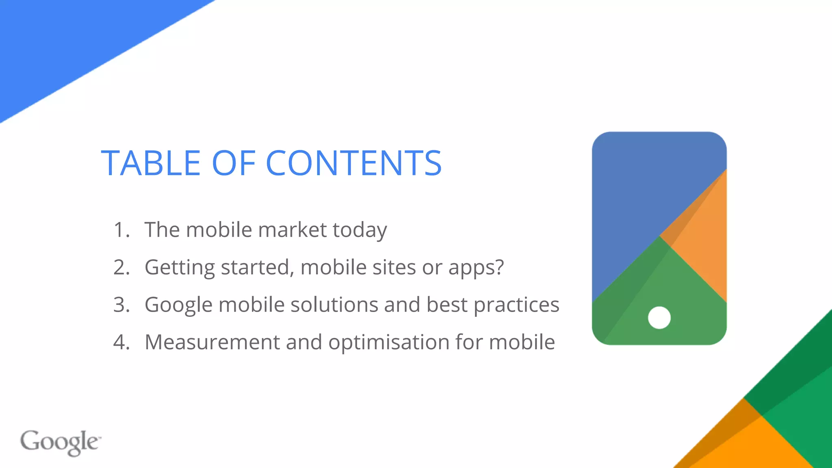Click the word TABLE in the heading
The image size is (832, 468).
151,163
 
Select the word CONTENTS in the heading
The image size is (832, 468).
353,163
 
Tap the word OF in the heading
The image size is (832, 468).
234,163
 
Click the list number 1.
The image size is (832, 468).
121,230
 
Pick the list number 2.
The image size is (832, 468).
121,267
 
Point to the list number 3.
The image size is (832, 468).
121,305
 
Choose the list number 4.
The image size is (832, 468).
121,342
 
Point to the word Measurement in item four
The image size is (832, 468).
212,342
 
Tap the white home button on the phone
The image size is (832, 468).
659,318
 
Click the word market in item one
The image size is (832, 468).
292,230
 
